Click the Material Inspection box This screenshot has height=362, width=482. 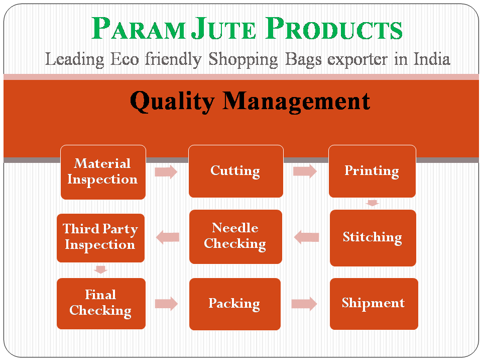coord(103,172)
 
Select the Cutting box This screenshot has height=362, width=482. coord(235,171)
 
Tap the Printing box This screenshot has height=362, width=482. coord(372,171)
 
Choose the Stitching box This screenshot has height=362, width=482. coord(373,237)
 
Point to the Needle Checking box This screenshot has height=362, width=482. coord(235,236)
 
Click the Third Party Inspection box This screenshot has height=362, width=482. coord(100,237)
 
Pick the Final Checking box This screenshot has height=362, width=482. coord(101,303)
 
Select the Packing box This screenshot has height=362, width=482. coord(234,304)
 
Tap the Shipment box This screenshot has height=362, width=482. coord(374,303)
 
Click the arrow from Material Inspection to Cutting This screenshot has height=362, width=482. coord(166,172)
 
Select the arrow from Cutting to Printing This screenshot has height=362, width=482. coord(305,171)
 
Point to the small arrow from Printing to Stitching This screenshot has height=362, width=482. coord(372,203)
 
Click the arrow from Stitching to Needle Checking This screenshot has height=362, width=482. coord(306,237)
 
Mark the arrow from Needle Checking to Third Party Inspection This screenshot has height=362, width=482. coord(168,237)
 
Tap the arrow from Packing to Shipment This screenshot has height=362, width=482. coord(304,304)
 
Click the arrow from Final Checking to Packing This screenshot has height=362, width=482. coord(166,304)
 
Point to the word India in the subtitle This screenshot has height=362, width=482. coord(432,59)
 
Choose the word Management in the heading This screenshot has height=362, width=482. coord(297,102)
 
